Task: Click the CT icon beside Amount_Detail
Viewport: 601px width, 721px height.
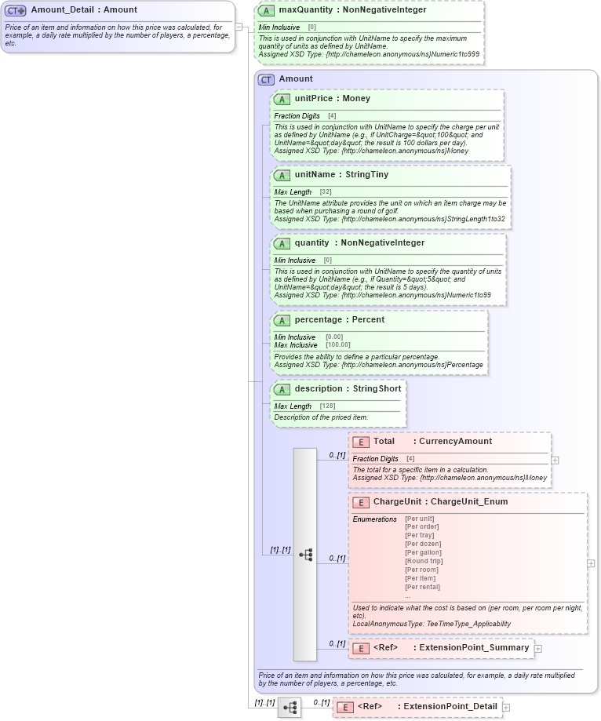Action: [x=16, y=10]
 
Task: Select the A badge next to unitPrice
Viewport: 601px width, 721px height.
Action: [x=281, y=99]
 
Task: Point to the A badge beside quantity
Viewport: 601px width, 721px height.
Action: [x=281, y=243]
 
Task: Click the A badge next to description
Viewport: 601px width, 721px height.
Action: [x=281, y=389]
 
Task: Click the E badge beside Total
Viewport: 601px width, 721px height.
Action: [x=360, y=442]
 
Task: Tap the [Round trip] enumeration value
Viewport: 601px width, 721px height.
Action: [x=424, y=562]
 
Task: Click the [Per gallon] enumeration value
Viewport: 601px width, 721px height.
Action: [x=423, y=553]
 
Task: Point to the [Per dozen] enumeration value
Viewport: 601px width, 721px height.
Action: [x=423, y=544]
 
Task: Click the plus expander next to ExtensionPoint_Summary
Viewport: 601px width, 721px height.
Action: [x=538, y=648]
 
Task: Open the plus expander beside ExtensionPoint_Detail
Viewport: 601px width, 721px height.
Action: [x=506, y=707]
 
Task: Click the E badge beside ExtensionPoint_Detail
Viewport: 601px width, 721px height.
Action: [x=344, y=707]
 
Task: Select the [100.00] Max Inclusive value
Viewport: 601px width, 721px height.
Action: [x=338, y=345]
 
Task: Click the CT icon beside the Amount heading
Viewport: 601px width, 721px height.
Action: [x=266, y=79]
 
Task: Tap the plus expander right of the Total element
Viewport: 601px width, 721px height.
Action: [x=555, y=461]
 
